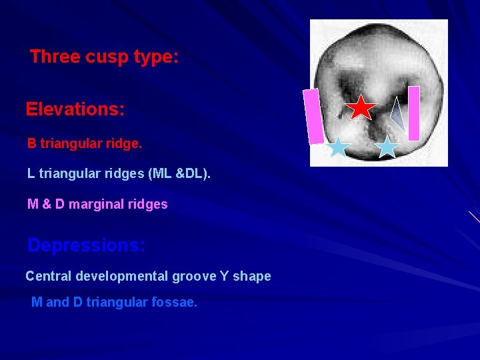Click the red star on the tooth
pos(361,107)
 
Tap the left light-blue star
pos(339,147)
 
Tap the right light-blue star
pos(387,147)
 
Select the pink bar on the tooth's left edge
pos(313,117)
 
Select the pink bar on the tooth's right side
pos(414,113)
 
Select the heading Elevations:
pos(75,109)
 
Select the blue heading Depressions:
pos(86,245)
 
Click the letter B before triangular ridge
pos(32,143)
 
